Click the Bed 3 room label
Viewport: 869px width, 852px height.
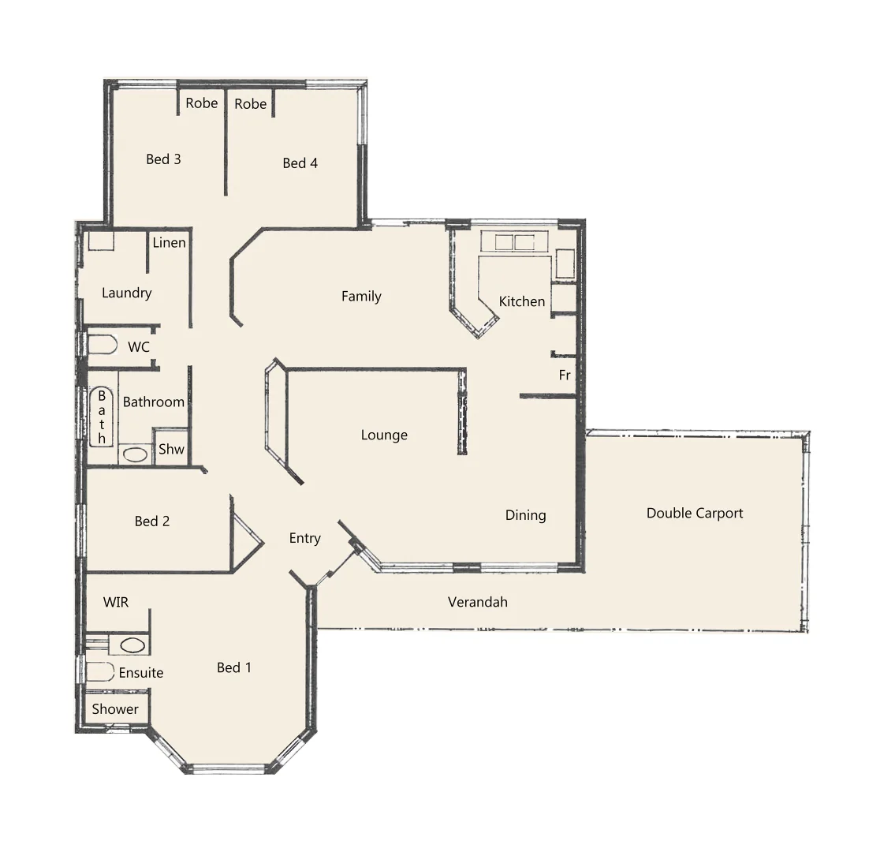[x=163, y=159]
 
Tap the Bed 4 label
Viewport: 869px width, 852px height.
[x=300, y=163]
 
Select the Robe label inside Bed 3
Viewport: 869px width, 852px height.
[x=202, y=103]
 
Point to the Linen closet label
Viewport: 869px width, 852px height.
[x=169, y=242]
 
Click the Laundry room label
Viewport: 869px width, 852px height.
[x=126, y=293]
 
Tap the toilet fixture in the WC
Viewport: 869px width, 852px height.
[x=101, y=346]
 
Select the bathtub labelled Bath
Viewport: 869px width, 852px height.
[x=101, y=417]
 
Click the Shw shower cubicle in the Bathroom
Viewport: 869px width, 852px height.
[x=171, y=449]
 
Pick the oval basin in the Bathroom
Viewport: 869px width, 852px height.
[x=135, y=454]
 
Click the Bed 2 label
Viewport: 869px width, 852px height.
[x=151, y=521]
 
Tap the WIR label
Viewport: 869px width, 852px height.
[x=115, y=602]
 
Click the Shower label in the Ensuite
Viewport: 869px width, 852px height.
[x=114, y=709]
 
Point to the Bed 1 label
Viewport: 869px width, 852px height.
[x=233, y=668]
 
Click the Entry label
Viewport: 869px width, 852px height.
[x=304, y=538]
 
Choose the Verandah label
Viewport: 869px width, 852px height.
[x=477, y=602]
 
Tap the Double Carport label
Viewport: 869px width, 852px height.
[x=694, y=514]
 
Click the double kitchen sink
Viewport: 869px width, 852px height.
[x=513, y=242]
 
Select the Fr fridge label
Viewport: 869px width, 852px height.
[x=565, y=376]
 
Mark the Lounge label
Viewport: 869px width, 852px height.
[x=384, y=435]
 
